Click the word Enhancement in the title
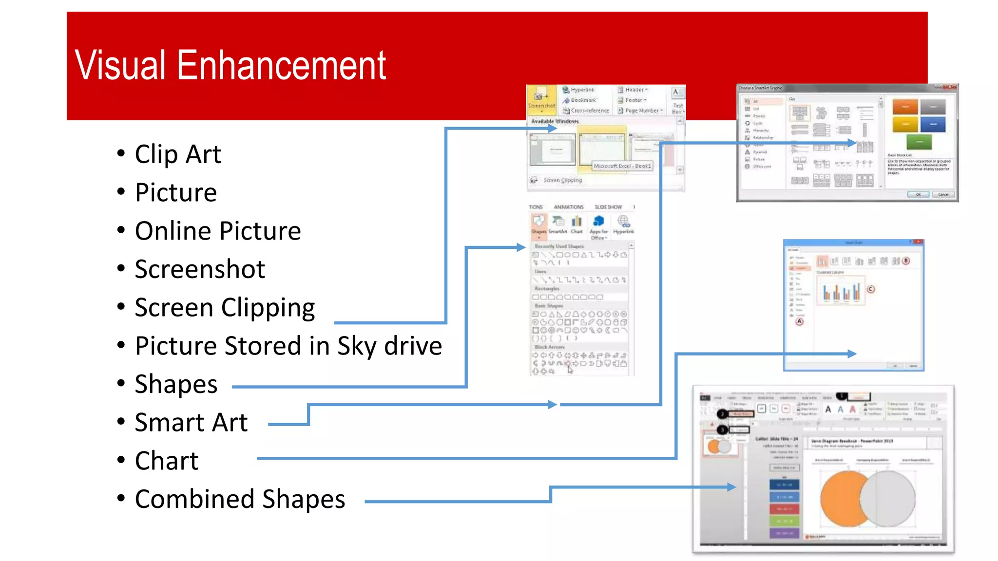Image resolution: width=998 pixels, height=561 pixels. [281, 65]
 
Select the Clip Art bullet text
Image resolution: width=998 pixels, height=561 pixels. [178, 154]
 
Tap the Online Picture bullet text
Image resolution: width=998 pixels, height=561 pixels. [218, 231]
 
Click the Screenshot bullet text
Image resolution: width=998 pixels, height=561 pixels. [200, 269]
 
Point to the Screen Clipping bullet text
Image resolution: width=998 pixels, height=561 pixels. [225, 308]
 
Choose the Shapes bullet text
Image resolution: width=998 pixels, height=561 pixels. [176, 384]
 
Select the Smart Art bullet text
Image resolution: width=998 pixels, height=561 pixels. [191, 422]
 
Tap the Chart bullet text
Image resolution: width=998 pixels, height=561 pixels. [167, 461]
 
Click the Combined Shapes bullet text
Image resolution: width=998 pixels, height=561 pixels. [240, 499]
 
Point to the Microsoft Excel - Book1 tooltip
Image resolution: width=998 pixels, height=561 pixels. [622, 166]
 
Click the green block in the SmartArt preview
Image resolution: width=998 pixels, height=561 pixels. [919, 142]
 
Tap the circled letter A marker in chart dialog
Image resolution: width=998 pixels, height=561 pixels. [799, 321]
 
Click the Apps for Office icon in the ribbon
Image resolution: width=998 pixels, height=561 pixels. [599, 222]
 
